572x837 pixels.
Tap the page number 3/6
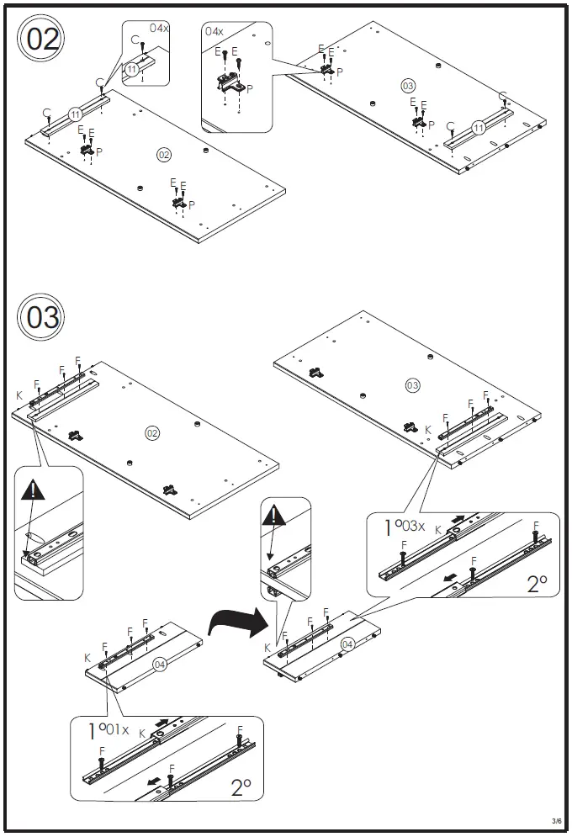[x=556, y=821]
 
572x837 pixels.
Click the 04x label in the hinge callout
[x=214, y=31]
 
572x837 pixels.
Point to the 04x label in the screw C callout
[x=159, y=28]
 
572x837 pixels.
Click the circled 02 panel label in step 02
[x=163, y=154]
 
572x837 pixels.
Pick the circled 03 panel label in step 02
[x=408, y=85]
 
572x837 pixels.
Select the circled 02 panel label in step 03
[x=152, y=433]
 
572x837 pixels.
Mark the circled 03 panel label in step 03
[x=412, y=385]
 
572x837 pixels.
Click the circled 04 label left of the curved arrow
[x=161, y=665]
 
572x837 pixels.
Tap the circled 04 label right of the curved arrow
[x=348, y=645]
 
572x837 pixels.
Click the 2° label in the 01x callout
[x=241, y=787]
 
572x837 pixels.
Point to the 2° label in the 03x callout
[x=537, y=584]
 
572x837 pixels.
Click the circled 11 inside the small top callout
[x=132, y=69]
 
